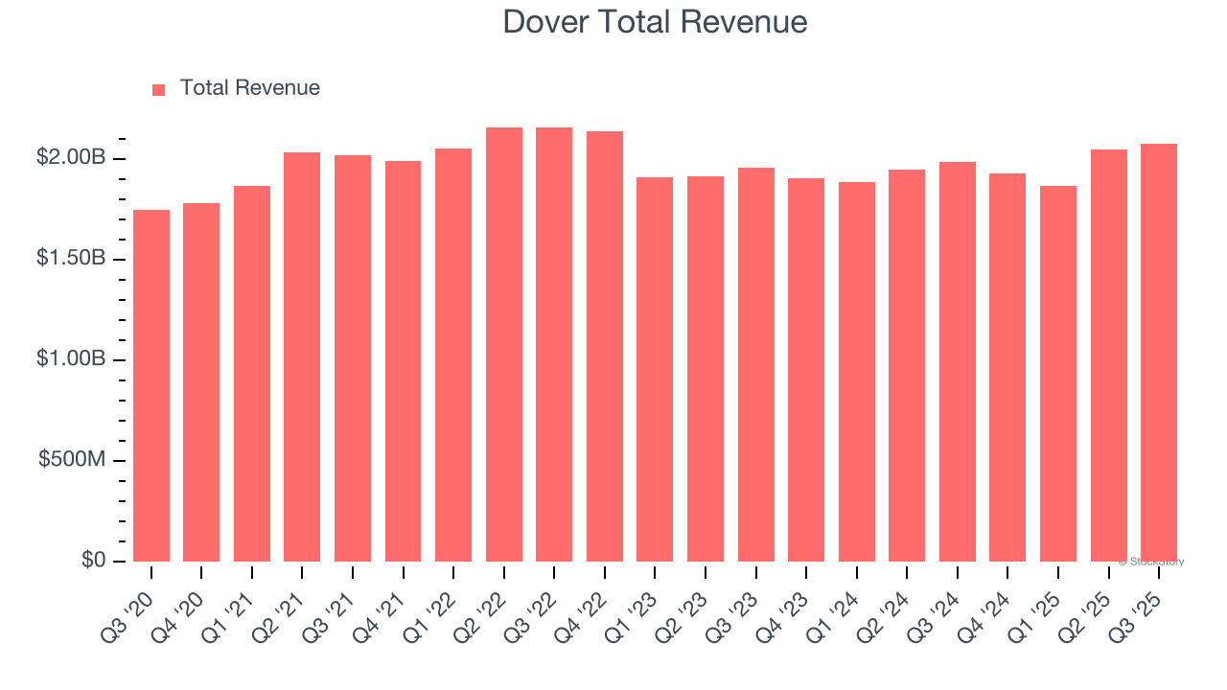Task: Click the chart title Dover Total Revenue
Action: [655, 21]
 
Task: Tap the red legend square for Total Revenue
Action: [159, 89]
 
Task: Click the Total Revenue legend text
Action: [249, 88]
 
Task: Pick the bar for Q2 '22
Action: [504, 345]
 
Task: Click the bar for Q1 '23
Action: [655, 369]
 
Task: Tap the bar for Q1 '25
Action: [1057, 374]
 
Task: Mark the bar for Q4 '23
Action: [806, 370]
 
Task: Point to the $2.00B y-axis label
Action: [70, 157]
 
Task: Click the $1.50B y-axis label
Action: [70, 259]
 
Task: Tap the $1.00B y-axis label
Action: [70, 359]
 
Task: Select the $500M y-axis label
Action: [72, 460]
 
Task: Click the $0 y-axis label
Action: [93, 560]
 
